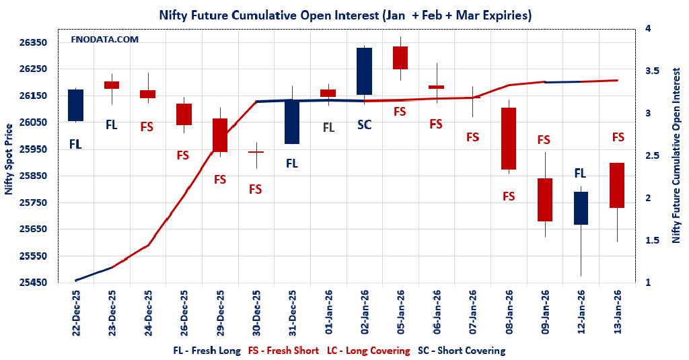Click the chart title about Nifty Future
pyautogui.click(x=344, y=14)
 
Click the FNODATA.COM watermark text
pyautogui.click(x=105, y=40)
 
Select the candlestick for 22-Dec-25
pyautogui.click(x=75, y=105)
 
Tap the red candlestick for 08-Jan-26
pyautogui.click(x=509, y=139)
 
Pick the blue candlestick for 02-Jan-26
pyautogui.click(x=364, y=71)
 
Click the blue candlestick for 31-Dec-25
pyautogui.click(x=292, y=122)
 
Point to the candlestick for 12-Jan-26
pyautogui.click(x=581, y=208)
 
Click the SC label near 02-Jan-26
pyautogui.click(x=364, y=124)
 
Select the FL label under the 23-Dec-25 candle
pyautogui.click(x=111, y=124)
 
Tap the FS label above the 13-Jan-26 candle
pyautogui.click(x=618, y=137)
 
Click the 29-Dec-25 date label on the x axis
pyautogui.click(x=220, y=312)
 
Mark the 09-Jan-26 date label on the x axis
pyautogui.click(x=545, y=312)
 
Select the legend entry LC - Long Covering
pyautogui.click(x=368, y=351)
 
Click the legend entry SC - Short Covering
pyautogui.click(x=462, y=351)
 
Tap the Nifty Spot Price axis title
pyautogui.click(x=9, y=159)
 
